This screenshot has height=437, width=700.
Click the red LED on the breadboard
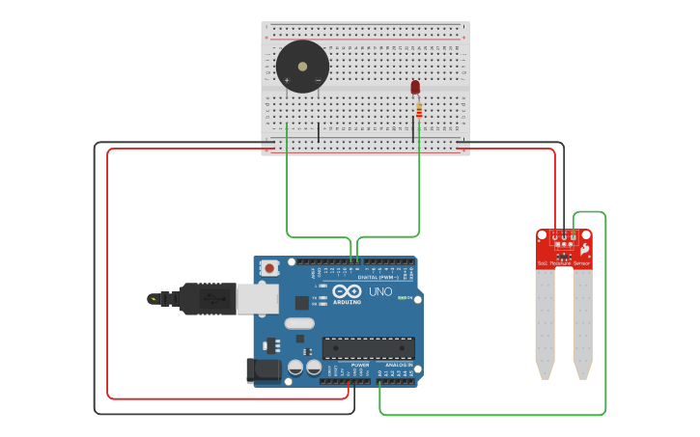(x=415, y=87)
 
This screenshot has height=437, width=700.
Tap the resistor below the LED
(x=419, y=111)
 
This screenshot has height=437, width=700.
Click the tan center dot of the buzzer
(x=302, y=67)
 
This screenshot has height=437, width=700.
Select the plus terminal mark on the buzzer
(x=287, y=80)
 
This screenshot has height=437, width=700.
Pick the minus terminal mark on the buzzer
(x=318, y=80)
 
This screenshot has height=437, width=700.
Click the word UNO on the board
(x=380, y=291)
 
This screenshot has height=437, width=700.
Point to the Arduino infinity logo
(x=347, y=291)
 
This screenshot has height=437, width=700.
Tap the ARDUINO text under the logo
(x=347, y=302)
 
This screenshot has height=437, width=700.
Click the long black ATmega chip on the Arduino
(x=368, y=348)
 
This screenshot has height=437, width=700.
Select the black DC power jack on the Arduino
(x=264, y=371)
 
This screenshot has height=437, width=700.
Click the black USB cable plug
(x=203, y=299)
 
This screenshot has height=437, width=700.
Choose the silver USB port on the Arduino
(x=262, y=299)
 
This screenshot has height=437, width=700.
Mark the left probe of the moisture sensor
(x=546, y=323)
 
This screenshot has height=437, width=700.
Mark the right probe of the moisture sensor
(x=582, y=323)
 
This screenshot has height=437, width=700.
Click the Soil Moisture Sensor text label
(x=564, y=262)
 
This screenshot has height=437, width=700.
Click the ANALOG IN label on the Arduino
(x=400, y=366)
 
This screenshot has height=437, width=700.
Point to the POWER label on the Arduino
(x=359, y=366)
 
